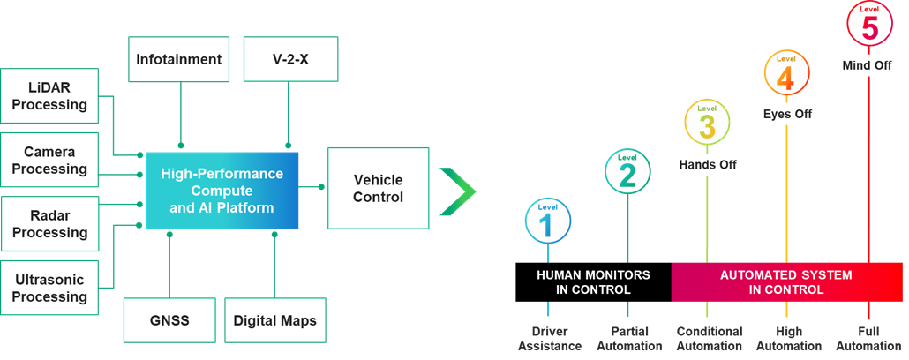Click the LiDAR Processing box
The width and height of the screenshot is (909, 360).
click(49, 96)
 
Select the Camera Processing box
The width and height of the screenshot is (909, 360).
click(49, 161)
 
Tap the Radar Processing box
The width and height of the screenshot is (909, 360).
click(49, 224)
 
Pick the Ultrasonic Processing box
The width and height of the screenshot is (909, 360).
click(49, 289)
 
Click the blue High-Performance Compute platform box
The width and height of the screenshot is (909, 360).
click(222, 191)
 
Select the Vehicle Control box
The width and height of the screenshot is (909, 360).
click(378, 188)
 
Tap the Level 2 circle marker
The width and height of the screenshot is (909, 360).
click(627, 170)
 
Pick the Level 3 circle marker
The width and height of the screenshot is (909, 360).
click(707, 122)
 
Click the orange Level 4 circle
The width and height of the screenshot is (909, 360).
click(785, 73)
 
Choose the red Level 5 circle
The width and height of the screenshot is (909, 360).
click(869, 25)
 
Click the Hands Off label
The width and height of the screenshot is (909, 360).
click(708, 164)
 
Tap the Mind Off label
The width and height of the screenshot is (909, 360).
click(868, 65)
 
